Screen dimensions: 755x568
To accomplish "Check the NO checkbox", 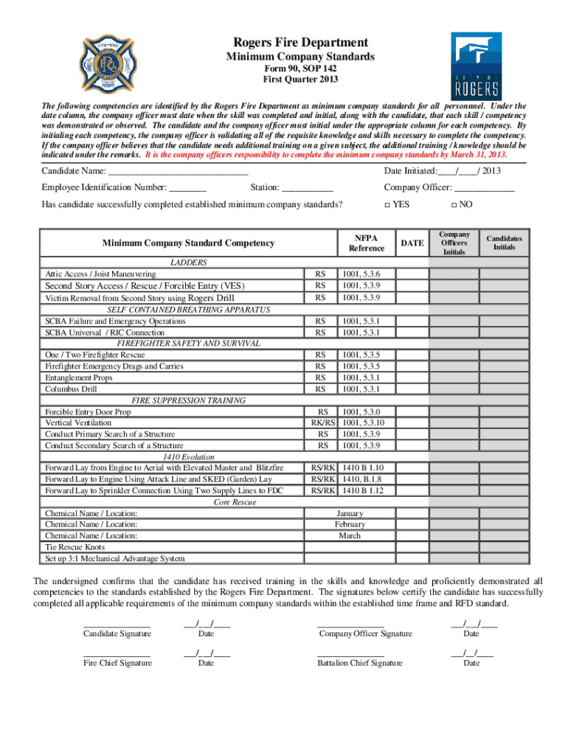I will (454, 204).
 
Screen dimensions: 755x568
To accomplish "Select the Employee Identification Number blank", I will (188, 188).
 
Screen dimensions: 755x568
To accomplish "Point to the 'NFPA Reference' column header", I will (365, 243).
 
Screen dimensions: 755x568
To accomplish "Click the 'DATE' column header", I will (412, 243).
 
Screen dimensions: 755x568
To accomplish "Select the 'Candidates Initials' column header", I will (504, 243).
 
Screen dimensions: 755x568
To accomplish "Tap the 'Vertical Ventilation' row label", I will (78, 423).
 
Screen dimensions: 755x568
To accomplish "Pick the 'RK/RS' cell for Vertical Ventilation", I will (322, 423).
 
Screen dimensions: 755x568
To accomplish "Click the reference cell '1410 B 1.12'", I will (363, 490).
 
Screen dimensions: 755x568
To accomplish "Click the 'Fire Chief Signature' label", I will (118, 663).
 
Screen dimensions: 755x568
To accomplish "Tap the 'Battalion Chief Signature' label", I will (360, 663).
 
